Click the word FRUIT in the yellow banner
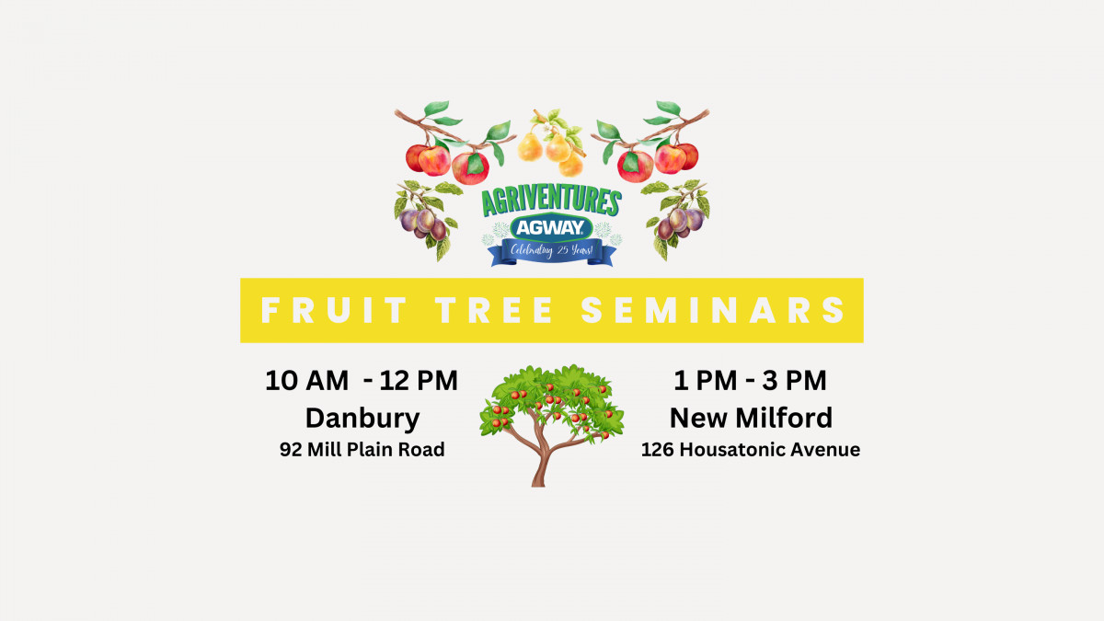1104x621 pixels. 333,310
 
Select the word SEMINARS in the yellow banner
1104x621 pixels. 714,310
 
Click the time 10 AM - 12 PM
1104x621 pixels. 362,381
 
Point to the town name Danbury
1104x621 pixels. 362,419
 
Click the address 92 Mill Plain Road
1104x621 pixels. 362,450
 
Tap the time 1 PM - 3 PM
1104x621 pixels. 751,381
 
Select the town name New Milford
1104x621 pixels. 751,419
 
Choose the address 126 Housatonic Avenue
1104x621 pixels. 751,450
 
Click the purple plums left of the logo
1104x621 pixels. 424,222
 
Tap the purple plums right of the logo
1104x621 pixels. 681,222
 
